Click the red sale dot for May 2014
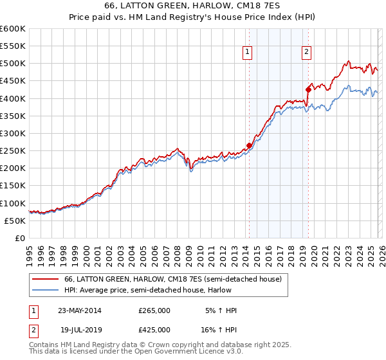pos(249,146)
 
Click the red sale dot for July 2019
pos(308,90)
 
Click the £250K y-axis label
pos(13,150)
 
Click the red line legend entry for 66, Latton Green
pos(172,280)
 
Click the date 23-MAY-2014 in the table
pos(80,310)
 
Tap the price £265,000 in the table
pos(154,310)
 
